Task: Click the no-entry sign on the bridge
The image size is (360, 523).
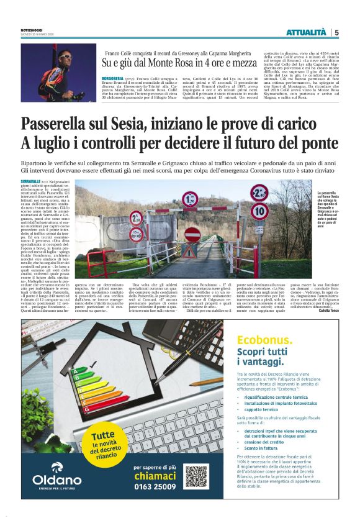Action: coord(192,234)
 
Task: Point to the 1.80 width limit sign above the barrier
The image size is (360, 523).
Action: coord(191,200)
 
